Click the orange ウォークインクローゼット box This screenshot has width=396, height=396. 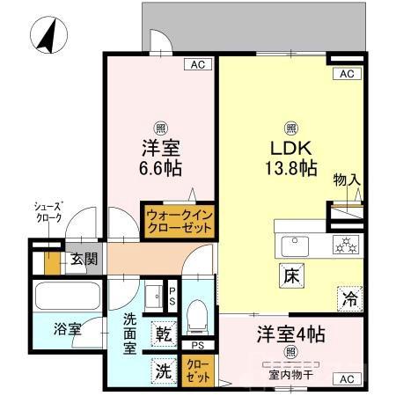(x=179, y=220)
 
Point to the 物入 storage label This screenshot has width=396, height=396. (x=346, y=180)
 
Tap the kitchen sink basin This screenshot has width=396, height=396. (x=292, y=244)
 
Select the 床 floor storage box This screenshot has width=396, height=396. (x=290, y=275)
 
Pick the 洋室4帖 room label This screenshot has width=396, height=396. (x=290, y=335)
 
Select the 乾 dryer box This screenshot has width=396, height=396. (x=165, y=334)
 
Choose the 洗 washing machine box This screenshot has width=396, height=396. (x=164, y=371)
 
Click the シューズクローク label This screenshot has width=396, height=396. (x=48, y=212)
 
